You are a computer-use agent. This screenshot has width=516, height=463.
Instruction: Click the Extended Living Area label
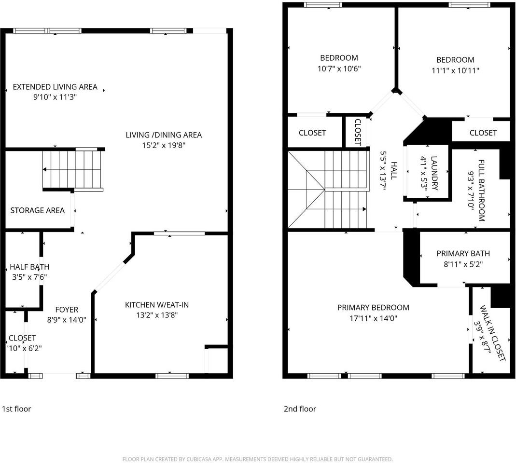pos(55,87)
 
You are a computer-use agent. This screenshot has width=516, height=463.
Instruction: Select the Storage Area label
pos(38,210)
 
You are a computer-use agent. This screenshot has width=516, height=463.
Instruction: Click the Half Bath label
pos(29,267)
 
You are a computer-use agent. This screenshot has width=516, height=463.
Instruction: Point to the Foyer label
pos(67,310)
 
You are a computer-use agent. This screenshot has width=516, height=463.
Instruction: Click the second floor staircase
pos(328,189)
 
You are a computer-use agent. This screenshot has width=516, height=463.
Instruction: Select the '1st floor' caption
pos(16,409)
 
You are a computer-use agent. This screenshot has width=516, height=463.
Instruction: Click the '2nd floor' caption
pos(300,409)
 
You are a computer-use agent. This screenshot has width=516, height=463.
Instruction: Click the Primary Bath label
pos(463,254)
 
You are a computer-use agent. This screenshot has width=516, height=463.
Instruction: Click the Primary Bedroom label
pos(373,308)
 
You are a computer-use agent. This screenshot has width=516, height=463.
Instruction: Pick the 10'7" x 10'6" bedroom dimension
pos(339,68)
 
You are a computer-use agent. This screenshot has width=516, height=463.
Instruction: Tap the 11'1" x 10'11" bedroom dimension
pos(455,70)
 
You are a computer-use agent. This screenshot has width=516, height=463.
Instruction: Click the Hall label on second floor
pos(393,171)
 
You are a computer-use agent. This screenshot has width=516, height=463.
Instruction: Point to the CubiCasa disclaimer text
pos(258,459)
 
